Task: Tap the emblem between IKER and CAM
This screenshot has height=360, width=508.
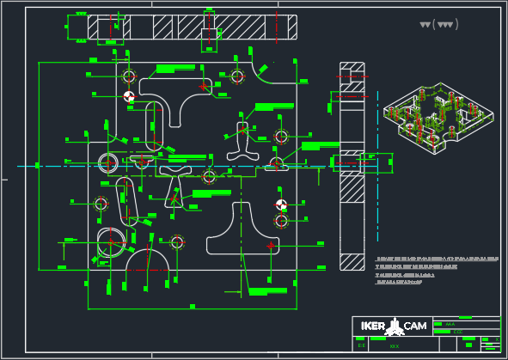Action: pyautogui.click(x=395, y=326)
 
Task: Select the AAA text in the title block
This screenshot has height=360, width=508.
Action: pyautogui.click(x=449, y=323)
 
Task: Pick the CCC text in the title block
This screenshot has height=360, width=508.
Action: pyautogui.click(x=457, y=330)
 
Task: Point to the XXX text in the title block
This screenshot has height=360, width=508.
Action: pyautogui.click(x=395, y=345)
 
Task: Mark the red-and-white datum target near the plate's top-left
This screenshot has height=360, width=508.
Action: pyautogui.click(x=129, y=97)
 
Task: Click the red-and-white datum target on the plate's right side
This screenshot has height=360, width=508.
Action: pyautogui.click(x=281, y=205)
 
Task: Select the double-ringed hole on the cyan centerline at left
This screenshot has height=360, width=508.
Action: pyautogui.click(x=108, y=162)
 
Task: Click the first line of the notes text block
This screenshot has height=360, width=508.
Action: pyautogui.click(x=437, y=258)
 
